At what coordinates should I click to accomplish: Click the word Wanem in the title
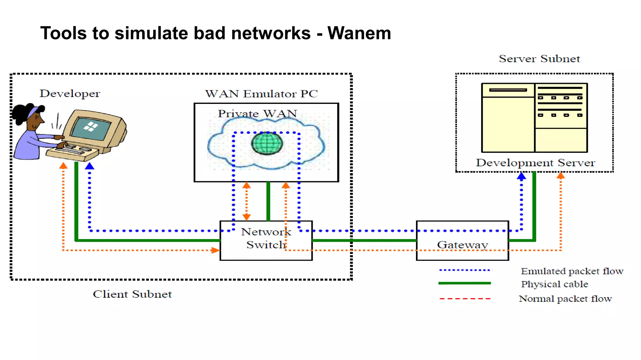[x=359, y=33]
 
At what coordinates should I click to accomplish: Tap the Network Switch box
[x=266, y=240]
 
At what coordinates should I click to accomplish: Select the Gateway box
[x=462, y=240]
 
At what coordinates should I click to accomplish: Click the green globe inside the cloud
[x=267, y=143]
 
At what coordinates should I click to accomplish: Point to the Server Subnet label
[x=539, y=59]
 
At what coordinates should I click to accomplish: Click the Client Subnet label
[x=132, y=294]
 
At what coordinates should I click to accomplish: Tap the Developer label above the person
[x=69, y=93]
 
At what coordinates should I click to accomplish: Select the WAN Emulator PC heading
[x=261, y=94]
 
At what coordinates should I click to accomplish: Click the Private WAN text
[x=257, y=113]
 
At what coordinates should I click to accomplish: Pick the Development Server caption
[x=535, y=163]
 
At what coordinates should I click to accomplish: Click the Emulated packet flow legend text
[x=572, y=271]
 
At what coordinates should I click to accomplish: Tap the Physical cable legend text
[x=554, y=284]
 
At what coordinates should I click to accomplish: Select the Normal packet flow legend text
[x=565, y=299]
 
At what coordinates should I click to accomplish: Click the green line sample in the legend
[x=464, y=283]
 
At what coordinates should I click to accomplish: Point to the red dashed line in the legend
[x=464, y=299]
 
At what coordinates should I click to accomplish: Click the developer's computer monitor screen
[x=91, y=129]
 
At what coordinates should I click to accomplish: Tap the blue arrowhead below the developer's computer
[x=90, y=166]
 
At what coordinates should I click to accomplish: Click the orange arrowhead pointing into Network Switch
[x=215, y=250]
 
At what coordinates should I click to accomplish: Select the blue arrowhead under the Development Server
[x=521, y=176]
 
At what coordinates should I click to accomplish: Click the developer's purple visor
[x=33, y=112]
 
